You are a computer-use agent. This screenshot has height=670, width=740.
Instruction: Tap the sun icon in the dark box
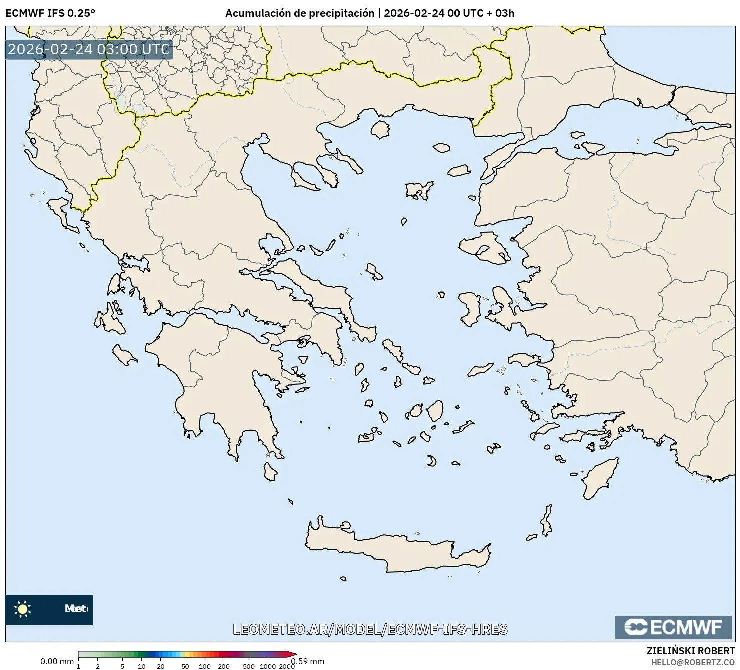23,609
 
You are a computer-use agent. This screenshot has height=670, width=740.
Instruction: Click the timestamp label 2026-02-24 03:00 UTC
89,49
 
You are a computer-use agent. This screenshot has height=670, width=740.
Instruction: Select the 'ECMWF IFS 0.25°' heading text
50,13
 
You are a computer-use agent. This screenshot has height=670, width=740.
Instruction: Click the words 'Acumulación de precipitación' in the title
299,13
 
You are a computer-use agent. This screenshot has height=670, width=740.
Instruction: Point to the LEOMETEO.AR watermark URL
370,629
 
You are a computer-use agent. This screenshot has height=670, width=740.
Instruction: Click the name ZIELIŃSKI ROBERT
691,651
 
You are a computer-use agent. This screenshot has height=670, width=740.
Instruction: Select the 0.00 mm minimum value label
57,661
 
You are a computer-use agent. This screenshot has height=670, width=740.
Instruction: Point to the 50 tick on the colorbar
185,666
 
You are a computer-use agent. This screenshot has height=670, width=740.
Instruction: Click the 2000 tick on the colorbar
287,666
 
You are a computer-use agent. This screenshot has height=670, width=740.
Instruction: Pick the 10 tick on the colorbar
142,666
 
